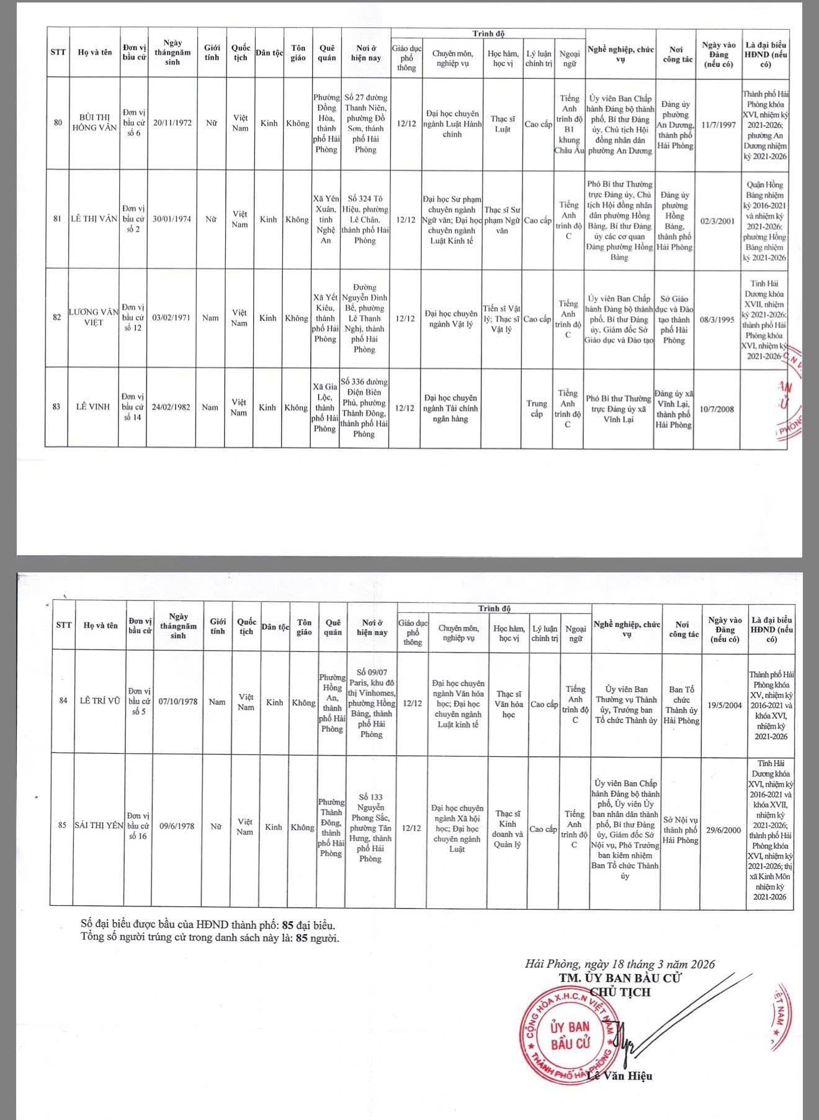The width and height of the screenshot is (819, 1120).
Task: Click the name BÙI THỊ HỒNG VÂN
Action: tap(94, 123)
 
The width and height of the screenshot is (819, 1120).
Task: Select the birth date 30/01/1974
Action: tap(172, 219)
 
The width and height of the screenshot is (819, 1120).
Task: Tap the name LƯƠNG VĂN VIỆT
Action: tap(94, 317)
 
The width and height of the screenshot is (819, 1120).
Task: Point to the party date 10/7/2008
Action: tap(717, 409)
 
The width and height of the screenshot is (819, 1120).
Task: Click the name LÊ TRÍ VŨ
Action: tap(100, 701)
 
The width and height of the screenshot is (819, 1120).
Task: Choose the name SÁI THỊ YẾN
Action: tap(99, 826)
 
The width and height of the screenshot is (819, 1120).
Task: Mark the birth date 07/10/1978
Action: tap(178, 702)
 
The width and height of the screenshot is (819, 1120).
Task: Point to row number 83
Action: tap(56, 407)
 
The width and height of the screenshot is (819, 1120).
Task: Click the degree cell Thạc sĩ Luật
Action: tap(503, 124)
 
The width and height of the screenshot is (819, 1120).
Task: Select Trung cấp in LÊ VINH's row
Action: tap(537, 409)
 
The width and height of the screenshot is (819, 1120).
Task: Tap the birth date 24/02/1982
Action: tap(172, 407)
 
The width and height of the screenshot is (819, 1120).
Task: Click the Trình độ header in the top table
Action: tap(488, 34)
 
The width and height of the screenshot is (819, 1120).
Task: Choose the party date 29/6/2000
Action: tap(722, 829)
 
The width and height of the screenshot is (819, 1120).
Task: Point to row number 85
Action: tap(62, 826)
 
